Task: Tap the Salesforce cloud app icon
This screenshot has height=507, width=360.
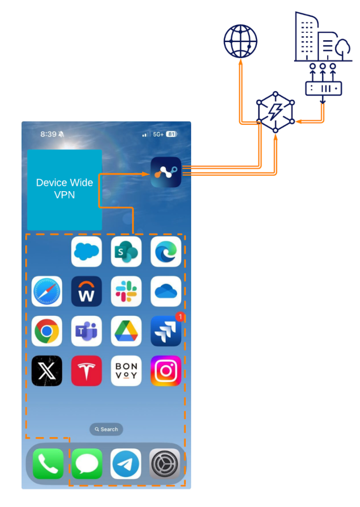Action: click(x=86, y=252)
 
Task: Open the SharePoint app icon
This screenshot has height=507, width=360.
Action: click(x=126, y=252)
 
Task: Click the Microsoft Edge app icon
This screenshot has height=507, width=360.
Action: click(x=166, y=252)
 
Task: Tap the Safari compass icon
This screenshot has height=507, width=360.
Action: click(x=47, y=291)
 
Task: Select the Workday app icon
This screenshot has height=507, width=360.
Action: click(x=86, y=291)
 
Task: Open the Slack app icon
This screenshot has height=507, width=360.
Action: click(x=126, y=291)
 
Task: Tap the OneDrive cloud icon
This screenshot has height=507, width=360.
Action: click(x=166, y=291)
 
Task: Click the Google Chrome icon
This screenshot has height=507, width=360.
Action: click(x=47, y=331)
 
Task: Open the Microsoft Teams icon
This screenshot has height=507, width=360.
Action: click(x=86, y=331)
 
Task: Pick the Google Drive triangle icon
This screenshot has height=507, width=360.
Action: click(x=126, y=331)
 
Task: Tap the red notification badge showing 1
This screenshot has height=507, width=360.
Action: click(x=180, y=316)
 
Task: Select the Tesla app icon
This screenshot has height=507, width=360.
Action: click(x=86, y=371)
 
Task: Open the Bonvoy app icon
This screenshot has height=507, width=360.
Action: click(x=126, y=371)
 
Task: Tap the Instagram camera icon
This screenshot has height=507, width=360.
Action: click(x=166, y=371)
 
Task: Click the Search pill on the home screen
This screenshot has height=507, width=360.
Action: click(x=106, y=429)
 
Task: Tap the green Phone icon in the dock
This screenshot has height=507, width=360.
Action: click(x=48, y=463)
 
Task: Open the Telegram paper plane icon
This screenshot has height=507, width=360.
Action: click(x=126, y=463)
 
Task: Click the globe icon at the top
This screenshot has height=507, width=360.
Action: click(x=240, y=41)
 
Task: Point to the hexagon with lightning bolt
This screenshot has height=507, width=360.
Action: click(x=275, y=112)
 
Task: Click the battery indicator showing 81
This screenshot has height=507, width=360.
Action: click(x=171, y=134)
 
